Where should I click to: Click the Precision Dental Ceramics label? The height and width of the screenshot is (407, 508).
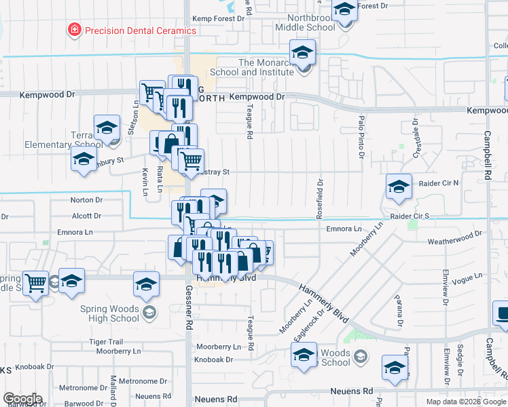pos(139,31)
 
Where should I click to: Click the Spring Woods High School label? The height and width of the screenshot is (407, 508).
pos(110,313)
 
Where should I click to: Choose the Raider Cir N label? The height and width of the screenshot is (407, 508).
pos(438,183)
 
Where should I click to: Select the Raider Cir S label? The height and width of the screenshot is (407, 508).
pos(410,216)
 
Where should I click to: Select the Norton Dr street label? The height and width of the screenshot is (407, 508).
pos(86,200)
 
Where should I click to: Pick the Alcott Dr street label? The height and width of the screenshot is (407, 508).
pos(86,216)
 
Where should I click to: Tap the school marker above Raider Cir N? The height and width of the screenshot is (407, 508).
pos(398,186)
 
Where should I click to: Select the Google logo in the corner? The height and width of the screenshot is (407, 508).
pos(22,399)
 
